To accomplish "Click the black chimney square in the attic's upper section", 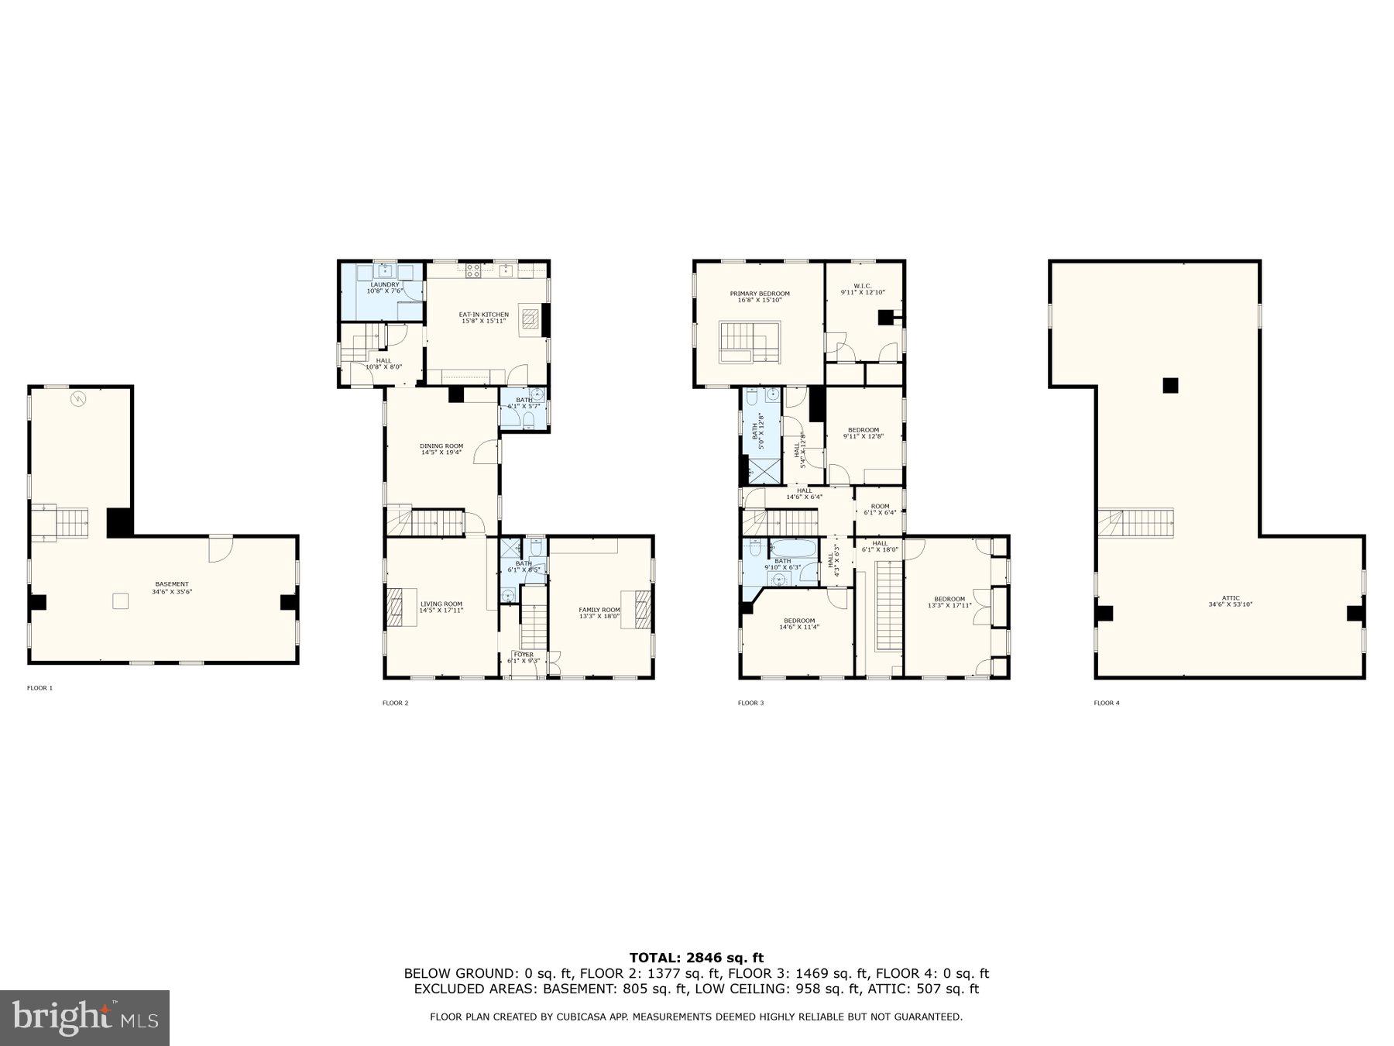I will [x=1170, y=385].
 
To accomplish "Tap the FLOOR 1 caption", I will [x=39, y=688].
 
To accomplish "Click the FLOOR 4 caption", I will [x=1107, y=704].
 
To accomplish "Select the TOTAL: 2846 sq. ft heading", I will [x=696, y=958].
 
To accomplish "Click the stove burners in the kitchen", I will [x=472, y=270].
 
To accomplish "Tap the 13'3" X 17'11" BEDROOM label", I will [x=949, y=602].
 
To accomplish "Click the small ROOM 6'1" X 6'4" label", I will [x=880, y=509].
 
